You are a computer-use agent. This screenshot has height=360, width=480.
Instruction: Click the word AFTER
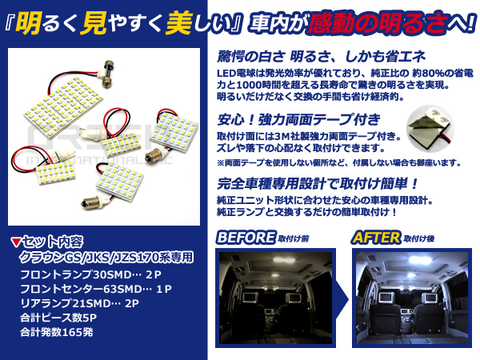(x=376, y=238)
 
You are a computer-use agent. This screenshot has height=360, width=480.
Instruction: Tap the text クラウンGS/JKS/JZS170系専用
(x=106, y=257)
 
